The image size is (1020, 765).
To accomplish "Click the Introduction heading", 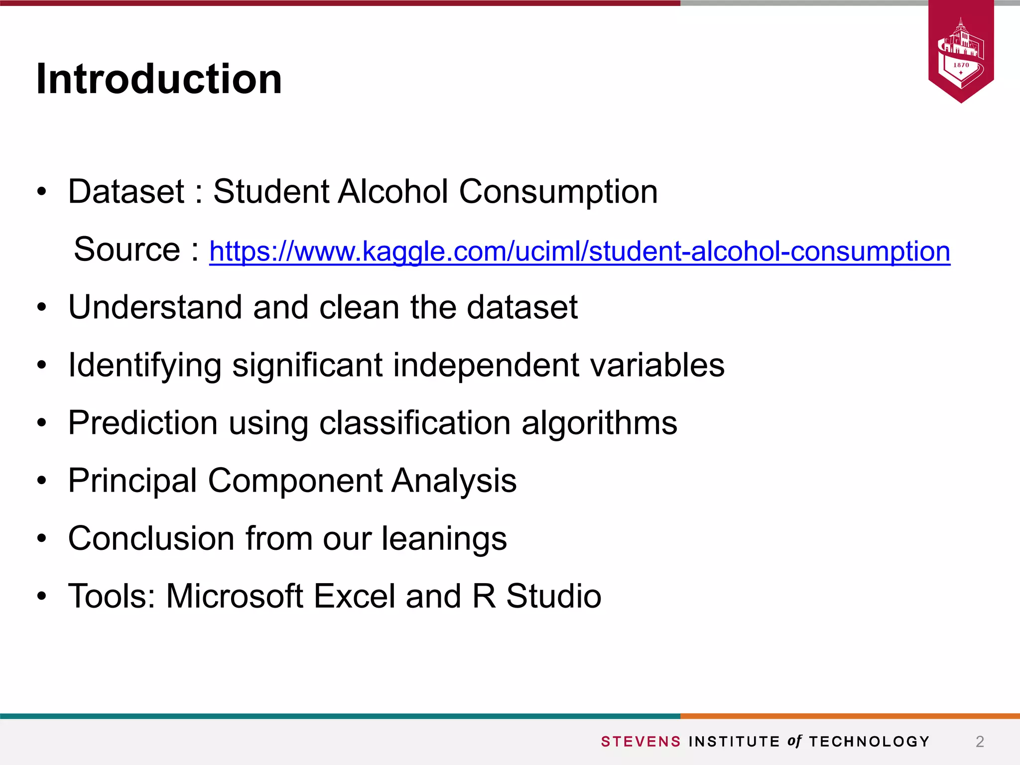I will pos(159,79).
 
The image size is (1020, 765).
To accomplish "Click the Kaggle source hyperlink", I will pos(579,252).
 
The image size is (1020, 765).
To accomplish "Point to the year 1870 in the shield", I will pos(961,65).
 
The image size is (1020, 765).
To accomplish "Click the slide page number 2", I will pos(980,742).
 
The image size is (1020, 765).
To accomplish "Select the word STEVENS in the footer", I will pos(640,742).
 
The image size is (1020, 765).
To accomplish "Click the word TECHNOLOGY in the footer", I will pos(869,742).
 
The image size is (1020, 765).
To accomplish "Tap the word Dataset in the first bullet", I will pos(126,192).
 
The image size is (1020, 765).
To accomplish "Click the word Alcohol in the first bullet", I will pos(392,192).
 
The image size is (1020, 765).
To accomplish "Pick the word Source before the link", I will pos(127,250).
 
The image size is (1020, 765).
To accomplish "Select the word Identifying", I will pos(144,366).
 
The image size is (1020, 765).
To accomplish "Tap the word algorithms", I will pos(599,424).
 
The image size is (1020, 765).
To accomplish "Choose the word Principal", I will pos(132,481).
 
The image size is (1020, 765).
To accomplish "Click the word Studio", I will pos(553,596).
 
